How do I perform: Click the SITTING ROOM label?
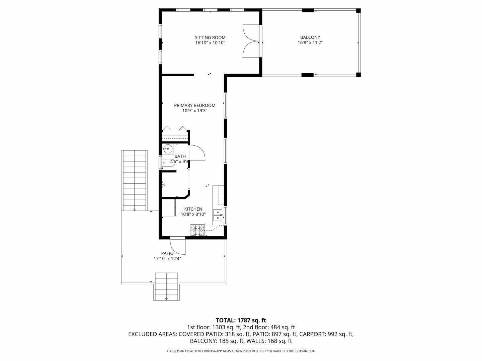click(x=210, y=37)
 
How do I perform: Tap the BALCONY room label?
click(x=310, y=37)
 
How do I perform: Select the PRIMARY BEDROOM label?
click(x=194, y=105)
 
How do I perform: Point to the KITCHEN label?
click(x=193, y=209)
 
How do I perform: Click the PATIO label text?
click(x=167, y=253)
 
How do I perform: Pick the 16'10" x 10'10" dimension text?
click(x=210, y=43)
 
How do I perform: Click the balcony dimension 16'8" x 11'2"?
click(x=310, y=43)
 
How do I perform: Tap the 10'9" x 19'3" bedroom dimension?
click(x=194, y=111)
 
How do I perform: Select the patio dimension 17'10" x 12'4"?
click(x=167, y=259)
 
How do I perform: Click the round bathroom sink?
click(x=167, y=149)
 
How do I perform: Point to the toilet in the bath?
click(x=168, y=163)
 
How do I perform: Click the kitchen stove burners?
click(x=197, y=230)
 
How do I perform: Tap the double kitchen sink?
click(x=218, y=215)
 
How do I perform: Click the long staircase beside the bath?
click(x=134, y=180)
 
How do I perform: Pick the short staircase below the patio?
click(x=166, y=286)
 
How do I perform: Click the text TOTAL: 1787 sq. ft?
click(x=241, y=321)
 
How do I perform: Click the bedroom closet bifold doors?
click(x=175, y=129)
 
